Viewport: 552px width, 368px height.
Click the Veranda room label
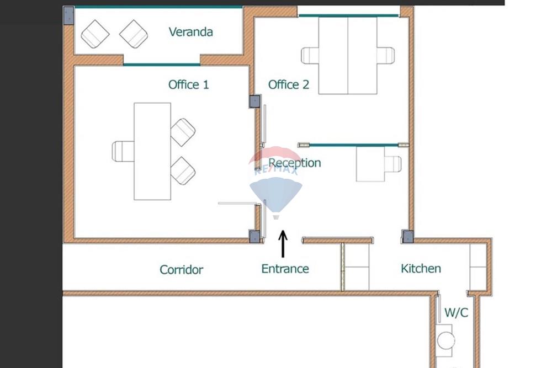pos(190,31)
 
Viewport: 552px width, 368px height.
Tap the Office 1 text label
pos(188,84)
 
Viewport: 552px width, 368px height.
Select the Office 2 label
pos(288,84)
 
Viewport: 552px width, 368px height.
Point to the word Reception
pos(295,163)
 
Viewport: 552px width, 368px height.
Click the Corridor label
pos(181,270)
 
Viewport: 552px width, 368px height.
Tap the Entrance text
pos(285,269)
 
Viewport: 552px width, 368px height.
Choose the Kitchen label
pos(421,269)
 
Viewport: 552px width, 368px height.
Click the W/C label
pos(456,313)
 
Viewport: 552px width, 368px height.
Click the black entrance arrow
pos(283,244)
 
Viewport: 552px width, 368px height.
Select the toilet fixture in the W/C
pos(445,338)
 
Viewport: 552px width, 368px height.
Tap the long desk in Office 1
pos(152,151)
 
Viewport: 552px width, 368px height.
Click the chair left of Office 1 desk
pos(123,151)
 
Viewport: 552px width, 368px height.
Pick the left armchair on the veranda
pos(95,34)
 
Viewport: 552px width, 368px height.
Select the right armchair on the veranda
pos(134,34)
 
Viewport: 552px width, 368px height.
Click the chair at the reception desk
pos(392,164)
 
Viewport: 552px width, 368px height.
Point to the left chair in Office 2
pos(310,56)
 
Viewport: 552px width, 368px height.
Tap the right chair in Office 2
pos(386,56)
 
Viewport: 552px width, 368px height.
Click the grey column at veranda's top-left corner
pos(68,15)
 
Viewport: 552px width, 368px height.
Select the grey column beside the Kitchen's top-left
pos(407,237)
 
